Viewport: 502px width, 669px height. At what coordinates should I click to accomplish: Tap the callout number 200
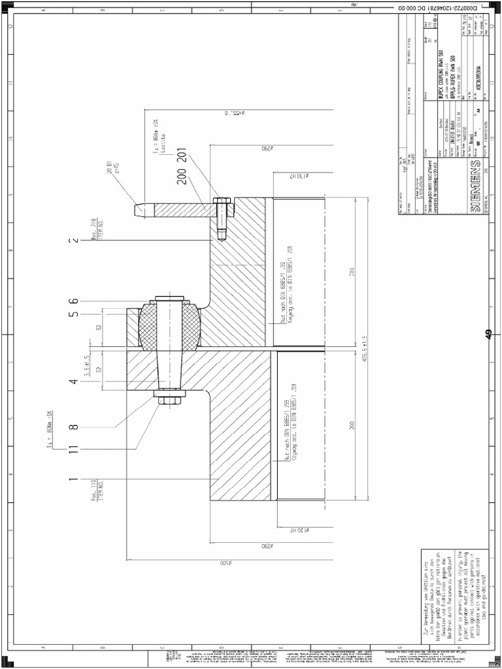(182, 176)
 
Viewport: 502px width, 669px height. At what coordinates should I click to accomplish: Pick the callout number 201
(182, 157)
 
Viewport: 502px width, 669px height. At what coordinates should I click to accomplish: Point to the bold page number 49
(488, 334)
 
